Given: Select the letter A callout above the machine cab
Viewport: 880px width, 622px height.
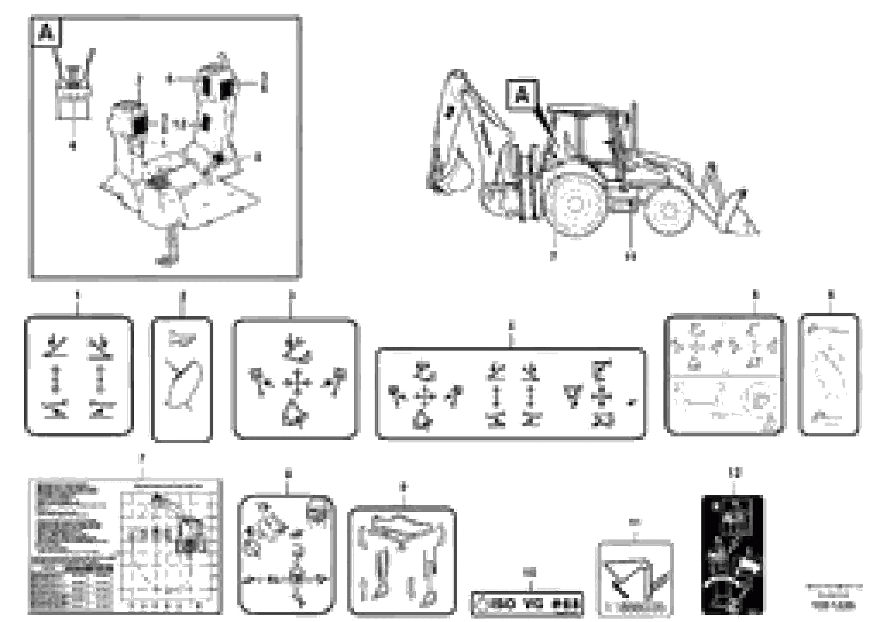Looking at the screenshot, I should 522,94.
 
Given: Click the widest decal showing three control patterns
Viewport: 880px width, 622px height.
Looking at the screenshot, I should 511,393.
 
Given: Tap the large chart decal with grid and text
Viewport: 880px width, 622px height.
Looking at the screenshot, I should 125,546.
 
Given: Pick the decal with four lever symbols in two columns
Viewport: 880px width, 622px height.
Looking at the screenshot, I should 79,376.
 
